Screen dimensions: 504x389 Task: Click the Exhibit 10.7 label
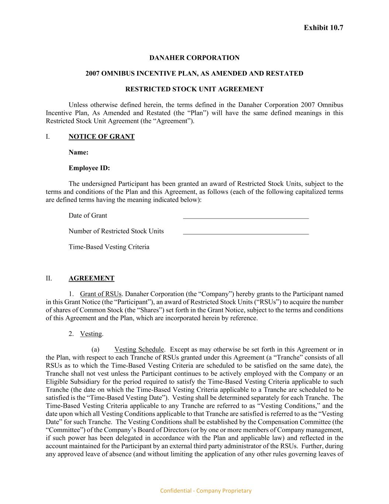coord(323,28)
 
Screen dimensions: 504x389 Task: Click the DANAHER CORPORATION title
coord(194,58)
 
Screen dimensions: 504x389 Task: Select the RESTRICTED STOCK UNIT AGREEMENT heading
coord(194,89)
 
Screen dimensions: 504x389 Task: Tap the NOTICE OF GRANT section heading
coord(101,137)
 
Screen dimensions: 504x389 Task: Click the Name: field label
coord(79,152)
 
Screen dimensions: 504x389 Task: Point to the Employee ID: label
coord(89,168)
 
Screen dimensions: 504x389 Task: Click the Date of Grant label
coord(88,216)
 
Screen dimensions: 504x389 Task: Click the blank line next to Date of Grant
coord(246,217)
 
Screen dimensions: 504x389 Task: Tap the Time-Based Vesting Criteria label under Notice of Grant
coord(109,247)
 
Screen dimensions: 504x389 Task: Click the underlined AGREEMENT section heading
coord(91,278)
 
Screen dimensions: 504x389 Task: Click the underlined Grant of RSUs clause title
coord(101,294)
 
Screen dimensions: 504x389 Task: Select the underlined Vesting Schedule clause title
coord(139,350)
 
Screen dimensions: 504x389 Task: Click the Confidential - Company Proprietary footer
coord(206,491)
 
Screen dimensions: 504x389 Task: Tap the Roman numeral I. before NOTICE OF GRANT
coord(48,137)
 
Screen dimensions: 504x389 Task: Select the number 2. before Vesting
coord(71,334)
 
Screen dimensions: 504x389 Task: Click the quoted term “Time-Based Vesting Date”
coord(114,398)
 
